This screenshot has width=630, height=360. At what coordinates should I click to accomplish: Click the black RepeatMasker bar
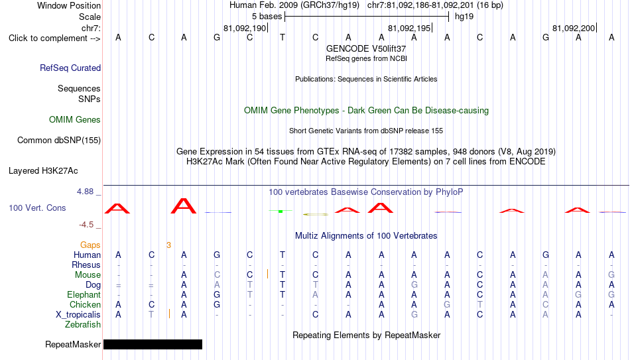click(x=153, y=344)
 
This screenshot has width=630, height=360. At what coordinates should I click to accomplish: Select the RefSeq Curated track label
click(x=70, y=68)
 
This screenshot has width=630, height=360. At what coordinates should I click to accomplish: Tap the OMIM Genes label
click(x=75, y=120)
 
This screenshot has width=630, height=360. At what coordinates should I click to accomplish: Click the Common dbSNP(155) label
click(x=59, y=141)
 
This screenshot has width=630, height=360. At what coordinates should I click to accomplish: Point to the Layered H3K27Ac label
click(x=43, y=171)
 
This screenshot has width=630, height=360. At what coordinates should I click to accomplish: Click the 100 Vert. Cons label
click(x=37, y=208)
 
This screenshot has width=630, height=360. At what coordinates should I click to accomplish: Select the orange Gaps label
click(x=90, y=245)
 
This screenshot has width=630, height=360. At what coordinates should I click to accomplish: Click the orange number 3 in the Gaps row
click(x=168, y=245)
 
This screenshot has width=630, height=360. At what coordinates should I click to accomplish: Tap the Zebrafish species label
click(x=83, y=325)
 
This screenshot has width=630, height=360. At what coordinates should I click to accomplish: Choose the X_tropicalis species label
click(x=78, y=315)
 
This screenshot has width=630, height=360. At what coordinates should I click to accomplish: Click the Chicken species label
click(x=85, y=304)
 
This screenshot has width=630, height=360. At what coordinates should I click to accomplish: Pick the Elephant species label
click(x=84, y=295)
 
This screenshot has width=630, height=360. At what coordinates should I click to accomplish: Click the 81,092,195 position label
click(x=409, y=28)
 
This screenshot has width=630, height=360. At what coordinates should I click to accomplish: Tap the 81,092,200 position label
click(x=574, y=28)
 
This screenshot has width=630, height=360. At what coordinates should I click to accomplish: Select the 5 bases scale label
click(x=267, y=17)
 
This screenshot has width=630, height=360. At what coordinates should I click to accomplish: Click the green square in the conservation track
click(x=281, y=211)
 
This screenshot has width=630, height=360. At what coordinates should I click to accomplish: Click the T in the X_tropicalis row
click(x=151, y=315)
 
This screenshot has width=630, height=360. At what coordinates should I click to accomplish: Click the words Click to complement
click(x=48, y=38)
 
